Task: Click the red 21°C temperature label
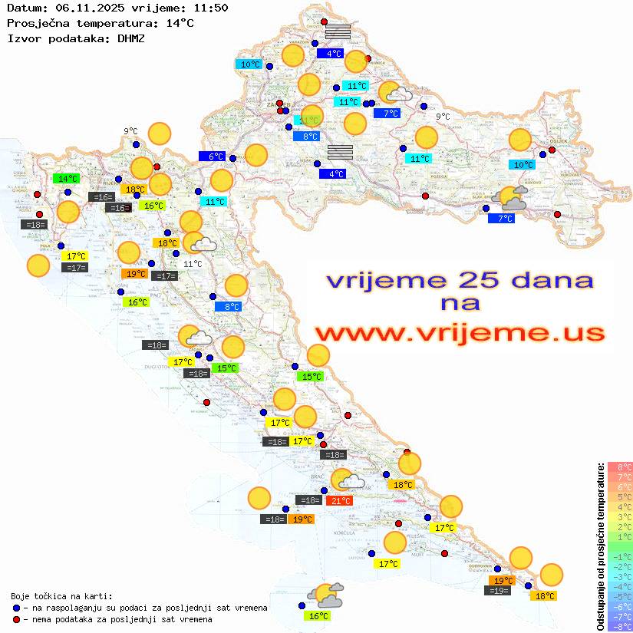[340, 501]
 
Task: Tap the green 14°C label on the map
[68, 179]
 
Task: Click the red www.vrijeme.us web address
[460, 333]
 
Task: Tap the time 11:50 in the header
[210, 8]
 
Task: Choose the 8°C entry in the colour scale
[620, 467]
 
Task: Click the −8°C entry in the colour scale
[620, 626]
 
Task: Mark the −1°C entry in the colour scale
[620, 556]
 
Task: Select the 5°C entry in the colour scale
[620, 496]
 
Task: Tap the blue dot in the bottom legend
[16, 608]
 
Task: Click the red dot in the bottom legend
[16, 619]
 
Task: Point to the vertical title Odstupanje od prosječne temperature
[602, 546]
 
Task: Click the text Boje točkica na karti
[61, 596]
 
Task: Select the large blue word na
[460, 304]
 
